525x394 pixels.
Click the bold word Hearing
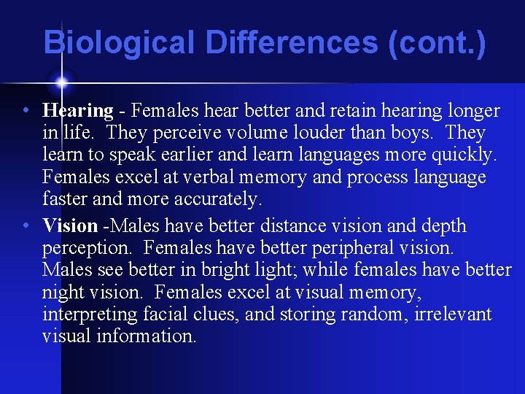(78, 111)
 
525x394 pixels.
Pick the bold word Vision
(70, 225)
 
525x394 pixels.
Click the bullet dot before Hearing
(26, 112)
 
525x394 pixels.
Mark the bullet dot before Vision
(26, 226)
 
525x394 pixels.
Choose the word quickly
(459, 155)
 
